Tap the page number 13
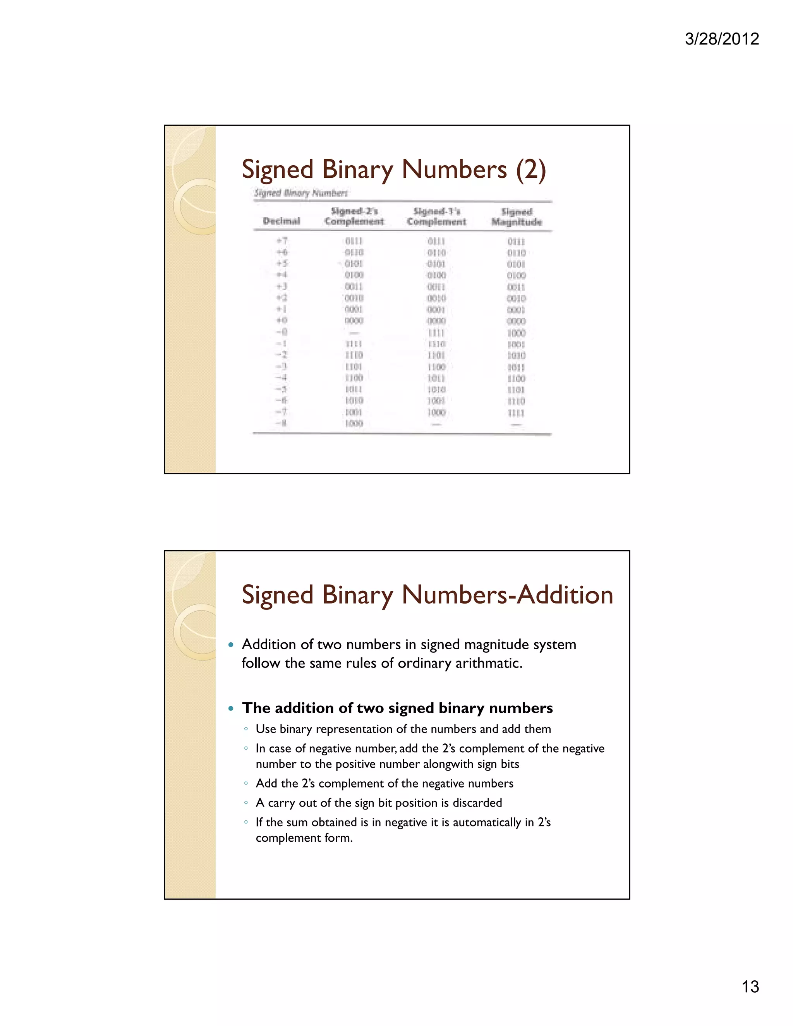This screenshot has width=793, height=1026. (x=750, y=987)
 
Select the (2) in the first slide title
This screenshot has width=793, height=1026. (x=531, y=170)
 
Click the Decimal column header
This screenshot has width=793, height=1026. (x=281, y=221)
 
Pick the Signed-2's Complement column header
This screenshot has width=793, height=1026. (x=354, y=216)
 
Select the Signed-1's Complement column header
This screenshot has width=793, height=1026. (x=436, y=216)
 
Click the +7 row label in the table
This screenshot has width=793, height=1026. (x=282, y=241)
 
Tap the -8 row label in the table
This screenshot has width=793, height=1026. (x=281, y=423)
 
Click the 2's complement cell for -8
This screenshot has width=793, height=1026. (x=354, y=424)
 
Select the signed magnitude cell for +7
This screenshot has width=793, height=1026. (x=516, y=242)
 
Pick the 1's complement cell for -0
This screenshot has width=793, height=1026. (x=436, y=333)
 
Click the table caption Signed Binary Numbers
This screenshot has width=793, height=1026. (x=301, y=192)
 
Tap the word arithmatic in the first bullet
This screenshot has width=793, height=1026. (x=489, y=663)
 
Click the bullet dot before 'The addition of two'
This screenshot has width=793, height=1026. (x=231, y=708)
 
